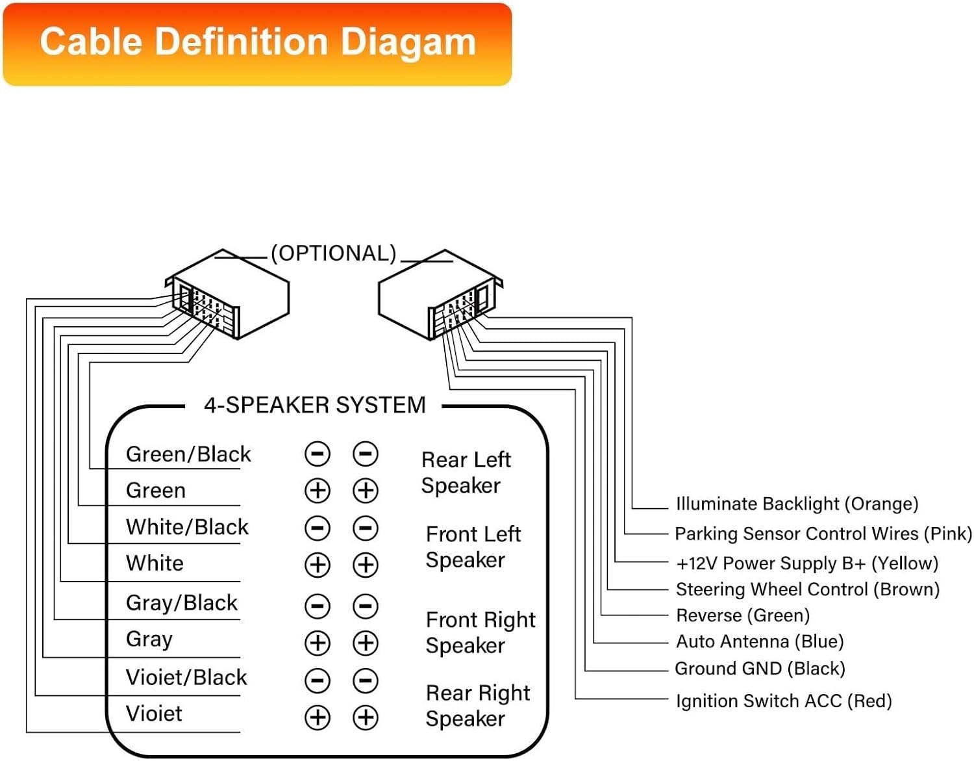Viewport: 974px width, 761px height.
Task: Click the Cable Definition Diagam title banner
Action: click(257, 44)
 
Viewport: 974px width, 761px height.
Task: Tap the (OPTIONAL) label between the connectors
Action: click(334, 253)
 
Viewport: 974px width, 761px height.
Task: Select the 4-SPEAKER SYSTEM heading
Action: click(315, 405)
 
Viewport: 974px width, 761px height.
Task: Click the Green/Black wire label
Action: click(188, 454)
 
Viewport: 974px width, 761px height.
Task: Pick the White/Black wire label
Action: click(188, 527)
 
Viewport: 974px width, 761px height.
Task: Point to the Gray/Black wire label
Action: click(182, 602)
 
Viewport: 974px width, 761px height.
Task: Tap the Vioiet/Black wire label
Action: click(186, 677)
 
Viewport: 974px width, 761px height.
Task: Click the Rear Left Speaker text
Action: click(466, 472)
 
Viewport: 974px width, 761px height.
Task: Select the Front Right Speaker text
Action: click(481, 633)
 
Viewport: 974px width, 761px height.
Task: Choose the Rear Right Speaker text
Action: click(478, 706)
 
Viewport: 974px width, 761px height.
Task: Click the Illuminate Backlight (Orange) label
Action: click(797, 504)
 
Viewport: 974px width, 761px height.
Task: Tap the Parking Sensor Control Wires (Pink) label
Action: click(823, 534)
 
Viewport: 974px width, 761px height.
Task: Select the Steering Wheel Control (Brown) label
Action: click(808, 589)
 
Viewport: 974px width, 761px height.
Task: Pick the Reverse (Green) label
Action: click(743, 615)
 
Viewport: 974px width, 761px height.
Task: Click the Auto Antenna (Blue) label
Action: click(760, 641)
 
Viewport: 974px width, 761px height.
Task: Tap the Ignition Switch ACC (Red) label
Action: click(784, 701)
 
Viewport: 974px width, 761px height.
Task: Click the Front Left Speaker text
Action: click(473, 547)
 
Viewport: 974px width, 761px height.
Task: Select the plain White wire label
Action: click(155, 563)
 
